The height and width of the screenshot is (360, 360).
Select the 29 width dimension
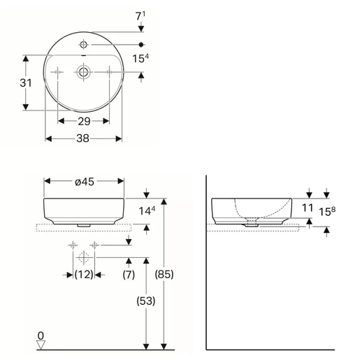click(x=84, y=121)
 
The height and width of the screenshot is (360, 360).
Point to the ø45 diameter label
click(x=84, y=182)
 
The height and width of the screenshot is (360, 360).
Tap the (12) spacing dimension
click(x=84, y=275)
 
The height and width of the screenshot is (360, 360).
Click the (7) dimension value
click(x=129, y=275)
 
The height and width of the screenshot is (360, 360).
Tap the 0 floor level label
click(x=41, y=335)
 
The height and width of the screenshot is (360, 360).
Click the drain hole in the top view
click(x=84, y=71)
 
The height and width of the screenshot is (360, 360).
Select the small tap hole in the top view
click(x=84, y=43)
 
